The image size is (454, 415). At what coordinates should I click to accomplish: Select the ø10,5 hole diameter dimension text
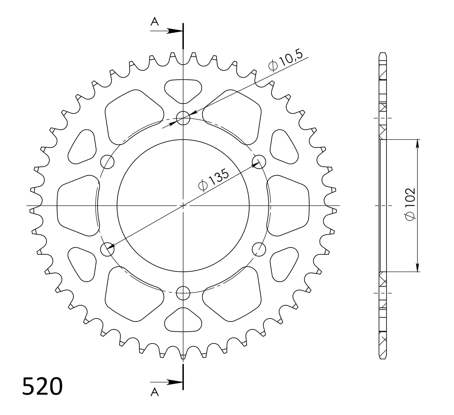click(x=286, y=61)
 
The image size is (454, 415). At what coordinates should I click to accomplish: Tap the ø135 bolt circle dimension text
click(x=213, y=180)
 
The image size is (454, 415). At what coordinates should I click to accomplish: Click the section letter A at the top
click(x=155, y=22)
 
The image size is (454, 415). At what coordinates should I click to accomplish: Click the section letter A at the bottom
click(x=155, y=392)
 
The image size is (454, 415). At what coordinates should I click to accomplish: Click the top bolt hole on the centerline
click(x=183, y=118)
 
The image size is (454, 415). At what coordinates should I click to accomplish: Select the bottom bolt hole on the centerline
click(x=183, y=293)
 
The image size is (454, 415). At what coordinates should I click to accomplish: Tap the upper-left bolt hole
click(x=107, y=162)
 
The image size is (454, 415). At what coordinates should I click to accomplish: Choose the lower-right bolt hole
click(x=259, y=249)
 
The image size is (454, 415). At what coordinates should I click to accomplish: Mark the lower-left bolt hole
click(x=107, y=249)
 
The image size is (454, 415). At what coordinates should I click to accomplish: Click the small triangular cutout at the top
click(x=183, y=90)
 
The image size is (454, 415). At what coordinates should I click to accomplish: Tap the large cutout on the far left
click(x=77, y=206)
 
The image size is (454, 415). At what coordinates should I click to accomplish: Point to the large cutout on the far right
click(x=289, y=206)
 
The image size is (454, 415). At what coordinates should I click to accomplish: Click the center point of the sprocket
click(x=183, y=206)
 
